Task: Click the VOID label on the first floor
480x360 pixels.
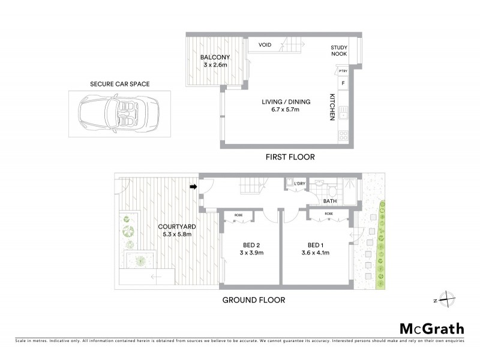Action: point(265,45)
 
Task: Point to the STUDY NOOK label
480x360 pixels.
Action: point(340,52)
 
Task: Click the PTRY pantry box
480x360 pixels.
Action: point(343,71)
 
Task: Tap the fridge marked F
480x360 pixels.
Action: point(343,83)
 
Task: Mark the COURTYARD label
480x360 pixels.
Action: point(177,226)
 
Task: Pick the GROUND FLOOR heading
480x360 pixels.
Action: point(254,300)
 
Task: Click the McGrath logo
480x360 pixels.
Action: point(431,328)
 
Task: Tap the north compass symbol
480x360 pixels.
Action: point(447,298)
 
